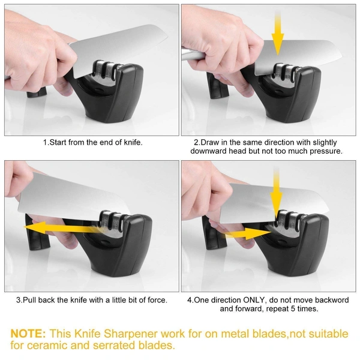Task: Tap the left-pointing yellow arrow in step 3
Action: [x=62, y=228]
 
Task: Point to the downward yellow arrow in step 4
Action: [x=276, y=192]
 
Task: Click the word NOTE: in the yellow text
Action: [x=28, y=334]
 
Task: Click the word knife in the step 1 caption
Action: [x=133, y=142]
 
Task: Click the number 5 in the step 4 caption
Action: [x=293, y=308]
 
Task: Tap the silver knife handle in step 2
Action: [x=193, y=55]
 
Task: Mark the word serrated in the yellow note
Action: [x=115, y=346]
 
